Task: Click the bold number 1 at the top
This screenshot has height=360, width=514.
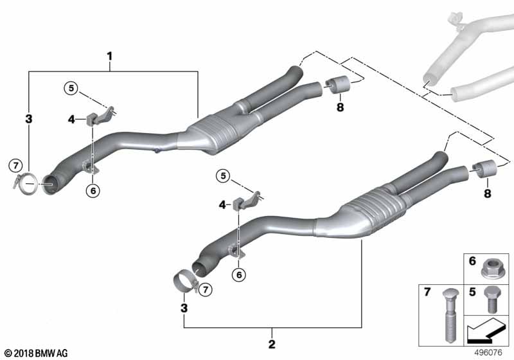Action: click(110, 56)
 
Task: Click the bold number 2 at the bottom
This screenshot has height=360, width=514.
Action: click(272, 345)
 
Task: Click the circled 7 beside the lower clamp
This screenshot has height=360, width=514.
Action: click(206, 290)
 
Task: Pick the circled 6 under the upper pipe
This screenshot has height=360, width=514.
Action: click(93, 190)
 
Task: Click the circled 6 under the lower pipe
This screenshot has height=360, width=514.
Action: click(239, 274)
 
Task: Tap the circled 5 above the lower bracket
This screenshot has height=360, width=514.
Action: click(222, 175)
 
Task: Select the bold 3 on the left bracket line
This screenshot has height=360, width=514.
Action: click(28, 120)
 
